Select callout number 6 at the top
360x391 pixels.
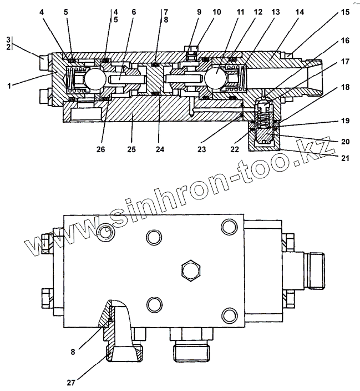point(133,11)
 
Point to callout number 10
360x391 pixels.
point(216,11)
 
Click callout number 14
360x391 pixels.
point(300,11)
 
